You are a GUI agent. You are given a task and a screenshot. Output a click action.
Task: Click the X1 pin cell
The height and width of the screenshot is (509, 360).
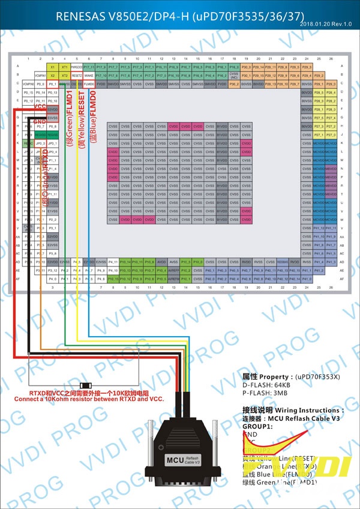click(x=52, y=67)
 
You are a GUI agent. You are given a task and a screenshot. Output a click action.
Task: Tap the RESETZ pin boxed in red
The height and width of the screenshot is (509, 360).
click(x=77, y=76)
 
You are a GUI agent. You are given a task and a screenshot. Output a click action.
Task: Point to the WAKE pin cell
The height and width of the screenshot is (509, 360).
click(x=89, y=76)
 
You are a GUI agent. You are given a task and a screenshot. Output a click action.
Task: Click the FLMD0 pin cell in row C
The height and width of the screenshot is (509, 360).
click(x=89, y=85)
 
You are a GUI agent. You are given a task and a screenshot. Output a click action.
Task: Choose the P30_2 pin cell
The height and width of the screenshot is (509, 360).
click(x=234, y=85)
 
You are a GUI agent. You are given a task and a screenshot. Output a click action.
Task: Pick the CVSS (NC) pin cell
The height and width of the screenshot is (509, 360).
click(x=234, y=76)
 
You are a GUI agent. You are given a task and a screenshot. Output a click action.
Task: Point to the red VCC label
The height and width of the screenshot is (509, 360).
click(x=40, y=106)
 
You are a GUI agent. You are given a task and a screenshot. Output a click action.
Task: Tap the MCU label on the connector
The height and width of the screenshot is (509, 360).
click(x=175, y=460)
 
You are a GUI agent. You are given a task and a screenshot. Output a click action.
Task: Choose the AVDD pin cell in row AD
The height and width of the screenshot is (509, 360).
click(x=161, y=262)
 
